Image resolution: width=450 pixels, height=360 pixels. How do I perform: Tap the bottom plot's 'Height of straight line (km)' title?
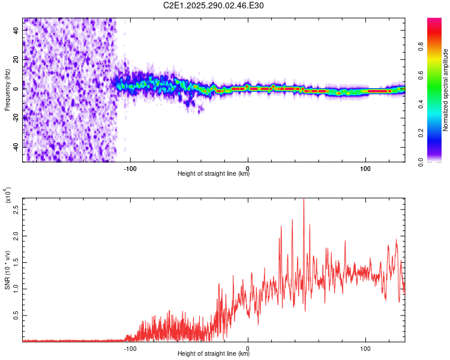214,353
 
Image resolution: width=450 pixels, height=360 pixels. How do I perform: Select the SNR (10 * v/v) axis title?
7,264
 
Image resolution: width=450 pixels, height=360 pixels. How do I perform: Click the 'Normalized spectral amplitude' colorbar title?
446,90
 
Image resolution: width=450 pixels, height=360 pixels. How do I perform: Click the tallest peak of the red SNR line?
304,200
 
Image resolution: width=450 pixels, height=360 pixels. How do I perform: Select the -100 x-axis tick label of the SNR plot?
130,347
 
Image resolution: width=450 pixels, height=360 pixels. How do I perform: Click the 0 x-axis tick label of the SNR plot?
248,347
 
